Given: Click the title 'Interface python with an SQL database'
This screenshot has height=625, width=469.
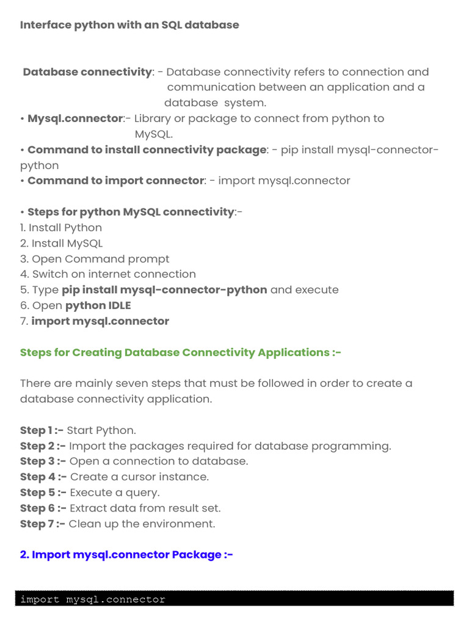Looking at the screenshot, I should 129,25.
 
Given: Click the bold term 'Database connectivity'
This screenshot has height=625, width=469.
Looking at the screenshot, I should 87,72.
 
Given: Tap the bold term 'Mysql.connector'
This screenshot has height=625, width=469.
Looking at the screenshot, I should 75,118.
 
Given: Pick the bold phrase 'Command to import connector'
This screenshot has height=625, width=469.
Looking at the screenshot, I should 115,181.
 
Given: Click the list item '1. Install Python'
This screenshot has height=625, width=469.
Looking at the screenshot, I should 61,228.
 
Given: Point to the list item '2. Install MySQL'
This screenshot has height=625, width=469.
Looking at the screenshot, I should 61,244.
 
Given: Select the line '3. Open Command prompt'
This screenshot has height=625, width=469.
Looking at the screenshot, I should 95,259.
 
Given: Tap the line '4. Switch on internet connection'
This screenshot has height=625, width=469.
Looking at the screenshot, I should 108,274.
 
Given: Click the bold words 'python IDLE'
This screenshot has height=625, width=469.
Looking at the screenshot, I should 98,305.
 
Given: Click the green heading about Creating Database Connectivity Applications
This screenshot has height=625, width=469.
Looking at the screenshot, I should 180,352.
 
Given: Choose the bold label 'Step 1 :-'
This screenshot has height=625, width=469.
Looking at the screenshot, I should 42,430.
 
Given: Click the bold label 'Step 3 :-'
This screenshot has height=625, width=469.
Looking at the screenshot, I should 43,461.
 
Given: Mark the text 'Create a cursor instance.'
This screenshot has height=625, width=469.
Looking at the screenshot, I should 139,477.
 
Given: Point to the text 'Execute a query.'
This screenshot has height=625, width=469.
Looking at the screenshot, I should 114,493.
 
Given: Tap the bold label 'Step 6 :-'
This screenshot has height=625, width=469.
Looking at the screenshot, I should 43,508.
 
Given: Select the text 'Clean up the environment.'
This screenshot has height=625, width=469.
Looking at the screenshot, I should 142,524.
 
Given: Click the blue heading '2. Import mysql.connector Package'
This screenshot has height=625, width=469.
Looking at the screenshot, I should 126,555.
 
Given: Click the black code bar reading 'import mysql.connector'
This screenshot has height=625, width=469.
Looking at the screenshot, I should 234,599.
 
